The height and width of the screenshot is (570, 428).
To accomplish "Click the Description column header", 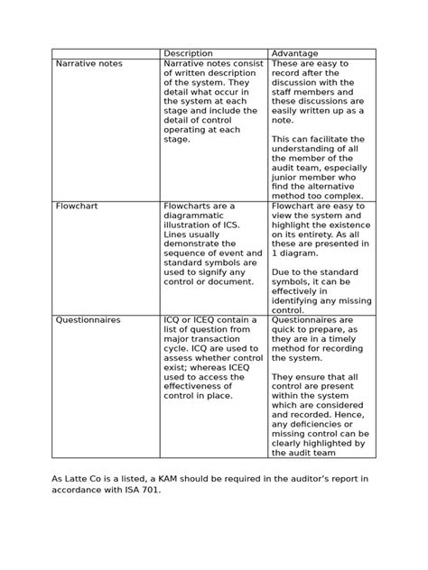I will point(188,53).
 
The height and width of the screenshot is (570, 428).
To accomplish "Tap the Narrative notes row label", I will point(89,64).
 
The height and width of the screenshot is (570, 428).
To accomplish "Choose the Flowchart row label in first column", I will point(77,206).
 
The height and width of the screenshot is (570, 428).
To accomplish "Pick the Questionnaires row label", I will point(88,319).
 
